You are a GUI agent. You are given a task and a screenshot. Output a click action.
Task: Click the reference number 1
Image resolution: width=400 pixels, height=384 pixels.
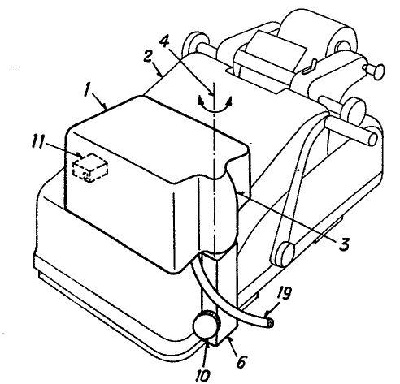point(88,90)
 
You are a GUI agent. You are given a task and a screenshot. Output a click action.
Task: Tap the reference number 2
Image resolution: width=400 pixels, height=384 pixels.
point(147,57)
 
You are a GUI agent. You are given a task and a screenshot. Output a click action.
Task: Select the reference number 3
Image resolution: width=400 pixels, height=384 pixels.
point(344,244)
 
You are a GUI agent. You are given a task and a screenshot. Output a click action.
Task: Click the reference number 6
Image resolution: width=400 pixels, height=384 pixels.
point(241,361)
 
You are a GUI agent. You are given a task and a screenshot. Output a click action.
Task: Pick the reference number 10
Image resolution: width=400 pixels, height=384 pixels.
point(202,375)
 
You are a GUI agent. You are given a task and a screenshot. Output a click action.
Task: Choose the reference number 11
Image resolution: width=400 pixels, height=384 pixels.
point(38,142)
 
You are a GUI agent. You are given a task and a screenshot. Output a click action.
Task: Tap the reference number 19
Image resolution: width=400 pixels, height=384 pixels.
point(284,293)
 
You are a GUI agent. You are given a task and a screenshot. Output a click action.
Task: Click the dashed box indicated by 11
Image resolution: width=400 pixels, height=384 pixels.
point(90,168)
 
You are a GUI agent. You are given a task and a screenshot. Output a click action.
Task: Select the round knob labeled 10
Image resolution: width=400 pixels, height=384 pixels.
point(205,325)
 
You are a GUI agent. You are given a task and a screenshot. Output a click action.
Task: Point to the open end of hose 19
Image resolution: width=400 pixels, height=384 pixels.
point(270,323)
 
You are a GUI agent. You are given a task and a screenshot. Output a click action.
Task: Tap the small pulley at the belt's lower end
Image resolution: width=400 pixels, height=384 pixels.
point(283,254)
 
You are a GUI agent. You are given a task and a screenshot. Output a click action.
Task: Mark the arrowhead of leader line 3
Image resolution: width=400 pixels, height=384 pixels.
point(239,193)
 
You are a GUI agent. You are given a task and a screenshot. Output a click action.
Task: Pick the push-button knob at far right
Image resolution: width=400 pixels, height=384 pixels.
point(376,71)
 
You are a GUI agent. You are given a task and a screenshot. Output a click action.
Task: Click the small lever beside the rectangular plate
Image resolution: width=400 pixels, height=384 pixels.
point(310,67)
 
